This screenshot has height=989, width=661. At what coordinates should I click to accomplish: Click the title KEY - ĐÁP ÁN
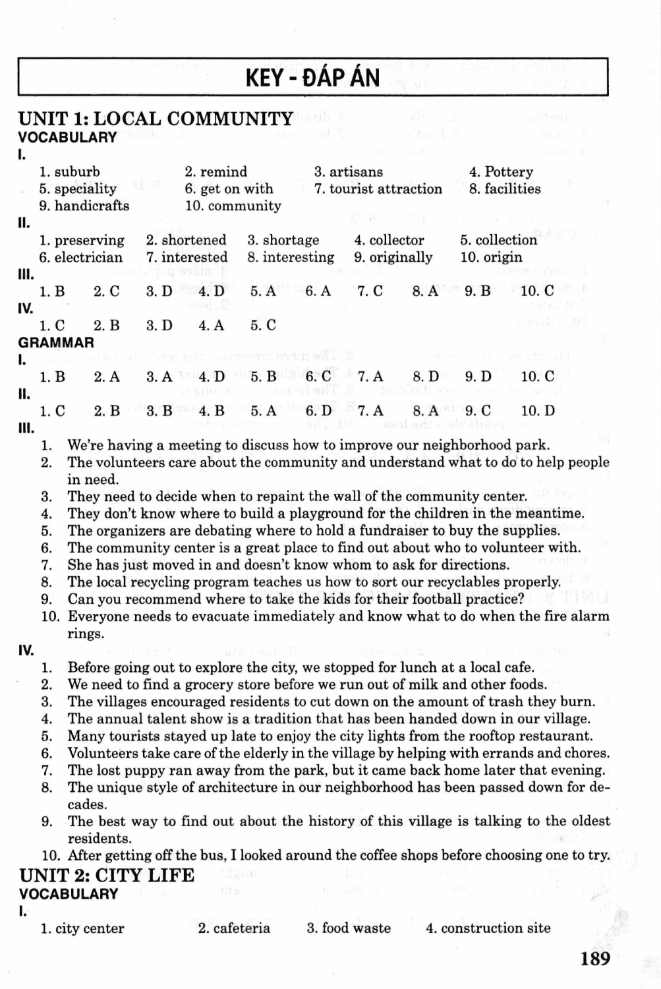point(312,78)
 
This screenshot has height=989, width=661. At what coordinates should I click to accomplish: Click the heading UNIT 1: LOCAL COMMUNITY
point(156,119)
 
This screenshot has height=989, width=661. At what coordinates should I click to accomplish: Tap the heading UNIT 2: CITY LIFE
point(107,876)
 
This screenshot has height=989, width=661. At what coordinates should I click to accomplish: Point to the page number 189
point(595,958)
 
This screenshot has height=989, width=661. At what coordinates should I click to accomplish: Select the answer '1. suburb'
point(69,172)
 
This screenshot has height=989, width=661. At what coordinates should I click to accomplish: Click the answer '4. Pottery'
point(501,172)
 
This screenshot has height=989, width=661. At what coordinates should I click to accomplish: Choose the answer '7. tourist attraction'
point(378,189)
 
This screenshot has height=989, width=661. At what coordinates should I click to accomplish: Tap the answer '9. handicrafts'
point(84,206)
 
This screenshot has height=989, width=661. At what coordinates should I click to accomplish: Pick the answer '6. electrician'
point(80,257)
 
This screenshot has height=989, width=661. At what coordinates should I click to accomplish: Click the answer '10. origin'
point(491,257)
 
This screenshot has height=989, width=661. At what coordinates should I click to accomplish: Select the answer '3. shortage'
point(283,240)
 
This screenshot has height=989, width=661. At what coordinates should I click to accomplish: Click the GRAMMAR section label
point(56,342)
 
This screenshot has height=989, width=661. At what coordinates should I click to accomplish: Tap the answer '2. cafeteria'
point(234,928)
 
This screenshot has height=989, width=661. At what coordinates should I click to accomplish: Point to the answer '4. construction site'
point(488,928)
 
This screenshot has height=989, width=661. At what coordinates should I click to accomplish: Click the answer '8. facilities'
point(504,189)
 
